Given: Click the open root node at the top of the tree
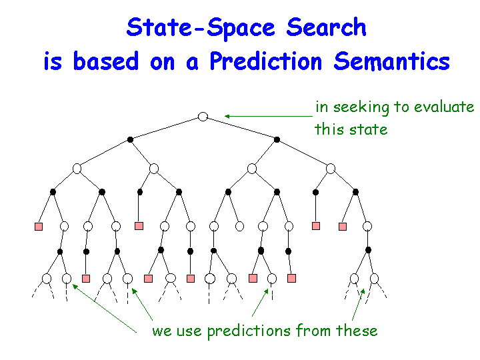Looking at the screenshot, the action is point(203,117).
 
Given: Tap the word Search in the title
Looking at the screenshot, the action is point(326,27).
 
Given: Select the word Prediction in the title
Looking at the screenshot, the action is point(266,61).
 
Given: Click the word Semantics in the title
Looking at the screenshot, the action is point(391,61).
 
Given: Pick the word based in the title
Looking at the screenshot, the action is point(106,61).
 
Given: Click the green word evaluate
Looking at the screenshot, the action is point(444,107).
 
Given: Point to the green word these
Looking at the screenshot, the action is point(357,330).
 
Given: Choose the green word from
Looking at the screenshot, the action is point(313,330).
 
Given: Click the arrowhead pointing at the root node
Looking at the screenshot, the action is point(227,116).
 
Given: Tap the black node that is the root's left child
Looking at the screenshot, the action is point(130,139).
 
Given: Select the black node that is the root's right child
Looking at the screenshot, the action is point(277,139).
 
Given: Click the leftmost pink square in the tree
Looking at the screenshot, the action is point(39,227).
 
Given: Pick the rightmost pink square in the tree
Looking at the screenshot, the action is point(343,227).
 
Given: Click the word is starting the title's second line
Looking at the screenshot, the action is point(53,61).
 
